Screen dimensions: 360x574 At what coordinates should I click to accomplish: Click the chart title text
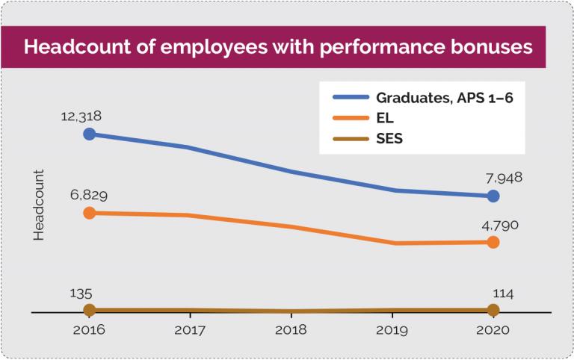tap(278, 47)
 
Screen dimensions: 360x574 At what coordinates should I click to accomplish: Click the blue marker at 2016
tap(90, 134)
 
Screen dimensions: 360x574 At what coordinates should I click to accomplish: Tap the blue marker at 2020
tap(493, 196)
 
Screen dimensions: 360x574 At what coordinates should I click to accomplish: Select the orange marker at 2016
tap(90, 213)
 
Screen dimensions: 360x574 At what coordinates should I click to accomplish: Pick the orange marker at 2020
tap(493, 242)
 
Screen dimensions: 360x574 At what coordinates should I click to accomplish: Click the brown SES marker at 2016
tap(90, 309)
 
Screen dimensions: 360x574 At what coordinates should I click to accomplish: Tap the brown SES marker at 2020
tap(493, 309)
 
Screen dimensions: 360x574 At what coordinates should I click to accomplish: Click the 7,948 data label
tap(502, 178)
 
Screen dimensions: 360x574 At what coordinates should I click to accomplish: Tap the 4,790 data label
tap(500, 224)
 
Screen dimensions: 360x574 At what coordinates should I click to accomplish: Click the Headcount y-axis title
tap(40, 205)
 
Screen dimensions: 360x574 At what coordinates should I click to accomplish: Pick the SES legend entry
tap(389, 138)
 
